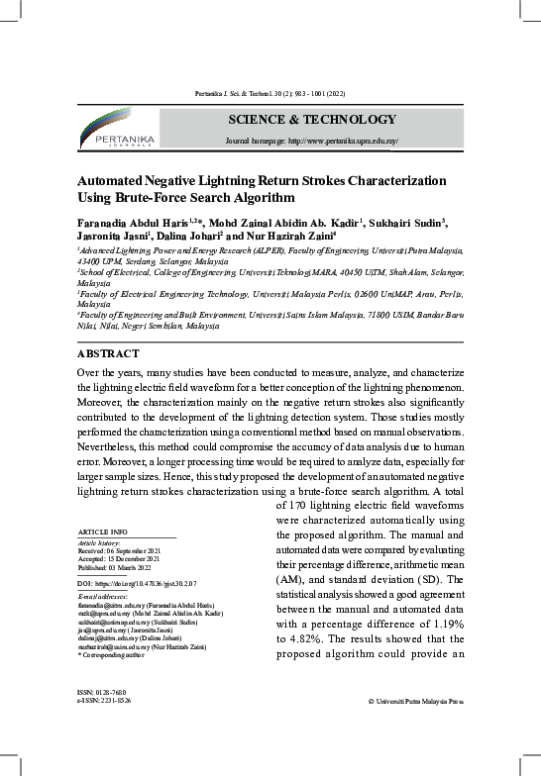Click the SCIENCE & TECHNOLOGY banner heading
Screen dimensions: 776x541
point(311,120)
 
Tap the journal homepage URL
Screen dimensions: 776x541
point(312,142)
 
